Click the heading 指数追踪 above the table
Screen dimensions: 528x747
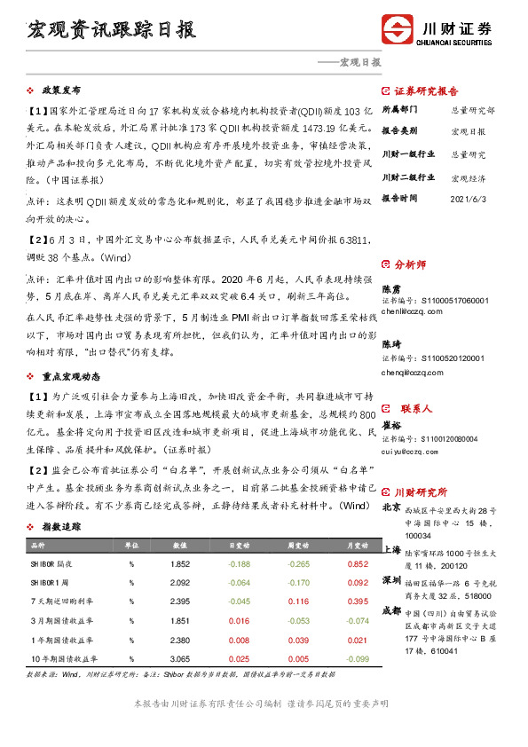[60, 526]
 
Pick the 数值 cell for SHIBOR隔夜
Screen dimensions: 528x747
[181, 563]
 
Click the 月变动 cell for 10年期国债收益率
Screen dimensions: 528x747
[358, 659]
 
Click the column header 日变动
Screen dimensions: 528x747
[239, 544]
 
